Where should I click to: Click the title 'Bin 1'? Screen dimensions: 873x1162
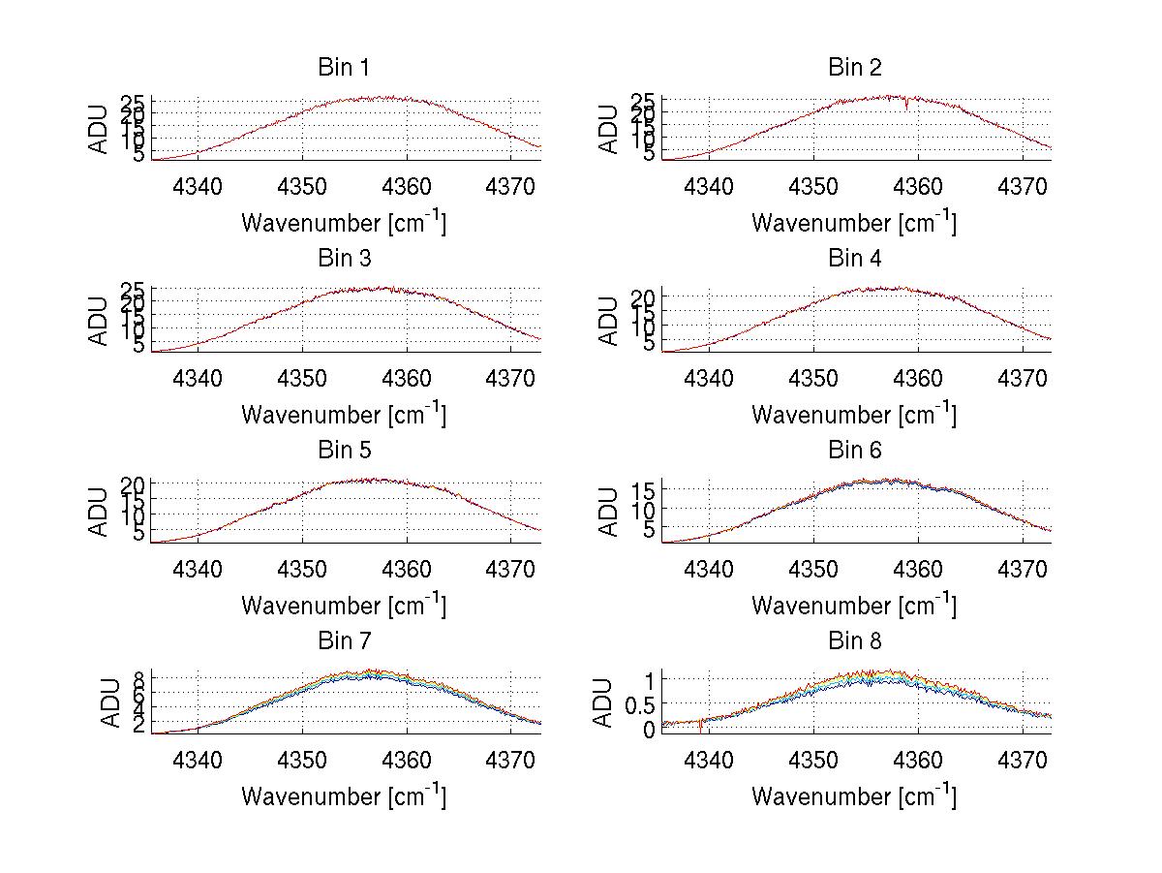[343, 68]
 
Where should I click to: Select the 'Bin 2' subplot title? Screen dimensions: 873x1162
[854, 68]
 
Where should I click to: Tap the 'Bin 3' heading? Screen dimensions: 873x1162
[343, 259]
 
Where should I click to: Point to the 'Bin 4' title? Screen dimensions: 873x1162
[854, 259]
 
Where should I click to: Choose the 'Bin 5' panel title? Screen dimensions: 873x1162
[343, 451]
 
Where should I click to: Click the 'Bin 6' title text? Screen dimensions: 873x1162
[854, 451]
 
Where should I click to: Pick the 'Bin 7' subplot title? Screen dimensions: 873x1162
[343, 641]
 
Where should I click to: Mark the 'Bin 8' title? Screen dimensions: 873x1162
[854, 641]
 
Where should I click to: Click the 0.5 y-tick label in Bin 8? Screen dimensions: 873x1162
[640, 705]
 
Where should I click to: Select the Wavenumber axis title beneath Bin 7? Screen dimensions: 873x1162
[343, 795]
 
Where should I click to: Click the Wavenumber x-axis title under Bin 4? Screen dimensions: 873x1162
[854, 414]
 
